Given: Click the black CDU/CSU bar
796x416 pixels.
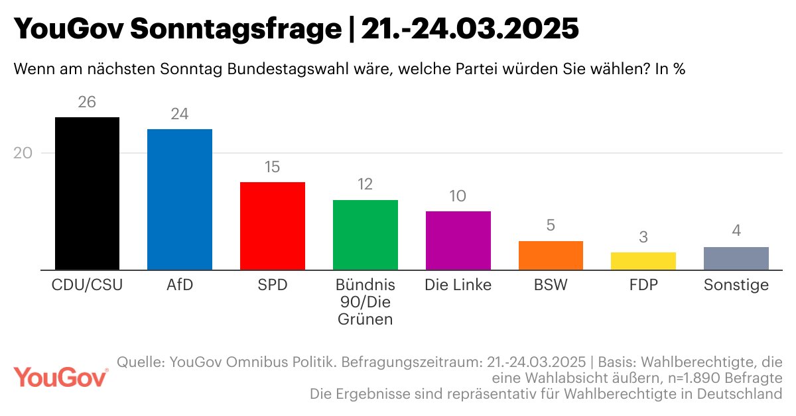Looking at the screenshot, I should (x=87, y=193).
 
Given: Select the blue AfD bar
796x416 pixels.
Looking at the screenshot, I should (x=179, y=199).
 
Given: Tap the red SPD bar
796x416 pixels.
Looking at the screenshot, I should (x=272, y=226).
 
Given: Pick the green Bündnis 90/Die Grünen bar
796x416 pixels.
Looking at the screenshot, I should (x=365, y=234).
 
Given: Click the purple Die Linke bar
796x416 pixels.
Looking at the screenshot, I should (x=458, y=240).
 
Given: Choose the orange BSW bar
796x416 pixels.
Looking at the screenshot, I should (x=551, y=255).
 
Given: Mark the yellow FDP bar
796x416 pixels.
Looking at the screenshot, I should (x=643, y=261).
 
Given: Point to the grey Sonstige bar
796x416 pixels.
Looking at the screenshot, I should (x=736, y=258).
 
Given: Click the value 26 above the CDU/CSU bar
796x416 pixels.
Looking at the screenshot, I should (x=87, y=102).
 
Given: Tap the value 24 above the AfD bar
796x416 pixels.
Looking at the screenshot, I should (x=179, y=114).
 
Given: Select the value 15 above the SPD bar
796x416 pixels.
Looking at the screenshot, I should (x=272, y=167).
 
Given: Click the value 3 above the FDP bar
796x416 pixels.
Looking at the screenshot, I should (x=643, y=237).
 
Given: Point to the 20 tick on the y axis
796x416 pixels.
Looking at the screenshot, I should (x=23, y=153).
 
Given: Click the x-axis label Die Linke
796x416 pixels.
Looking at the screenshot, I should (x=458, y=286).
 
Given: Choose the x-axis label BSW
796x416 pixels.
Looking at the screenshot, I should (x=551, y=286).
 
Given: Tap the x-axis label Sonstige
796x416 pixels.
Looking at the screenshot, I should (x=736, y=286).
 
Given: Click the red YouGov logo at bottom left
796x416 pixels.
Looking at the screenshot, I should (x=61, y=378).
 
